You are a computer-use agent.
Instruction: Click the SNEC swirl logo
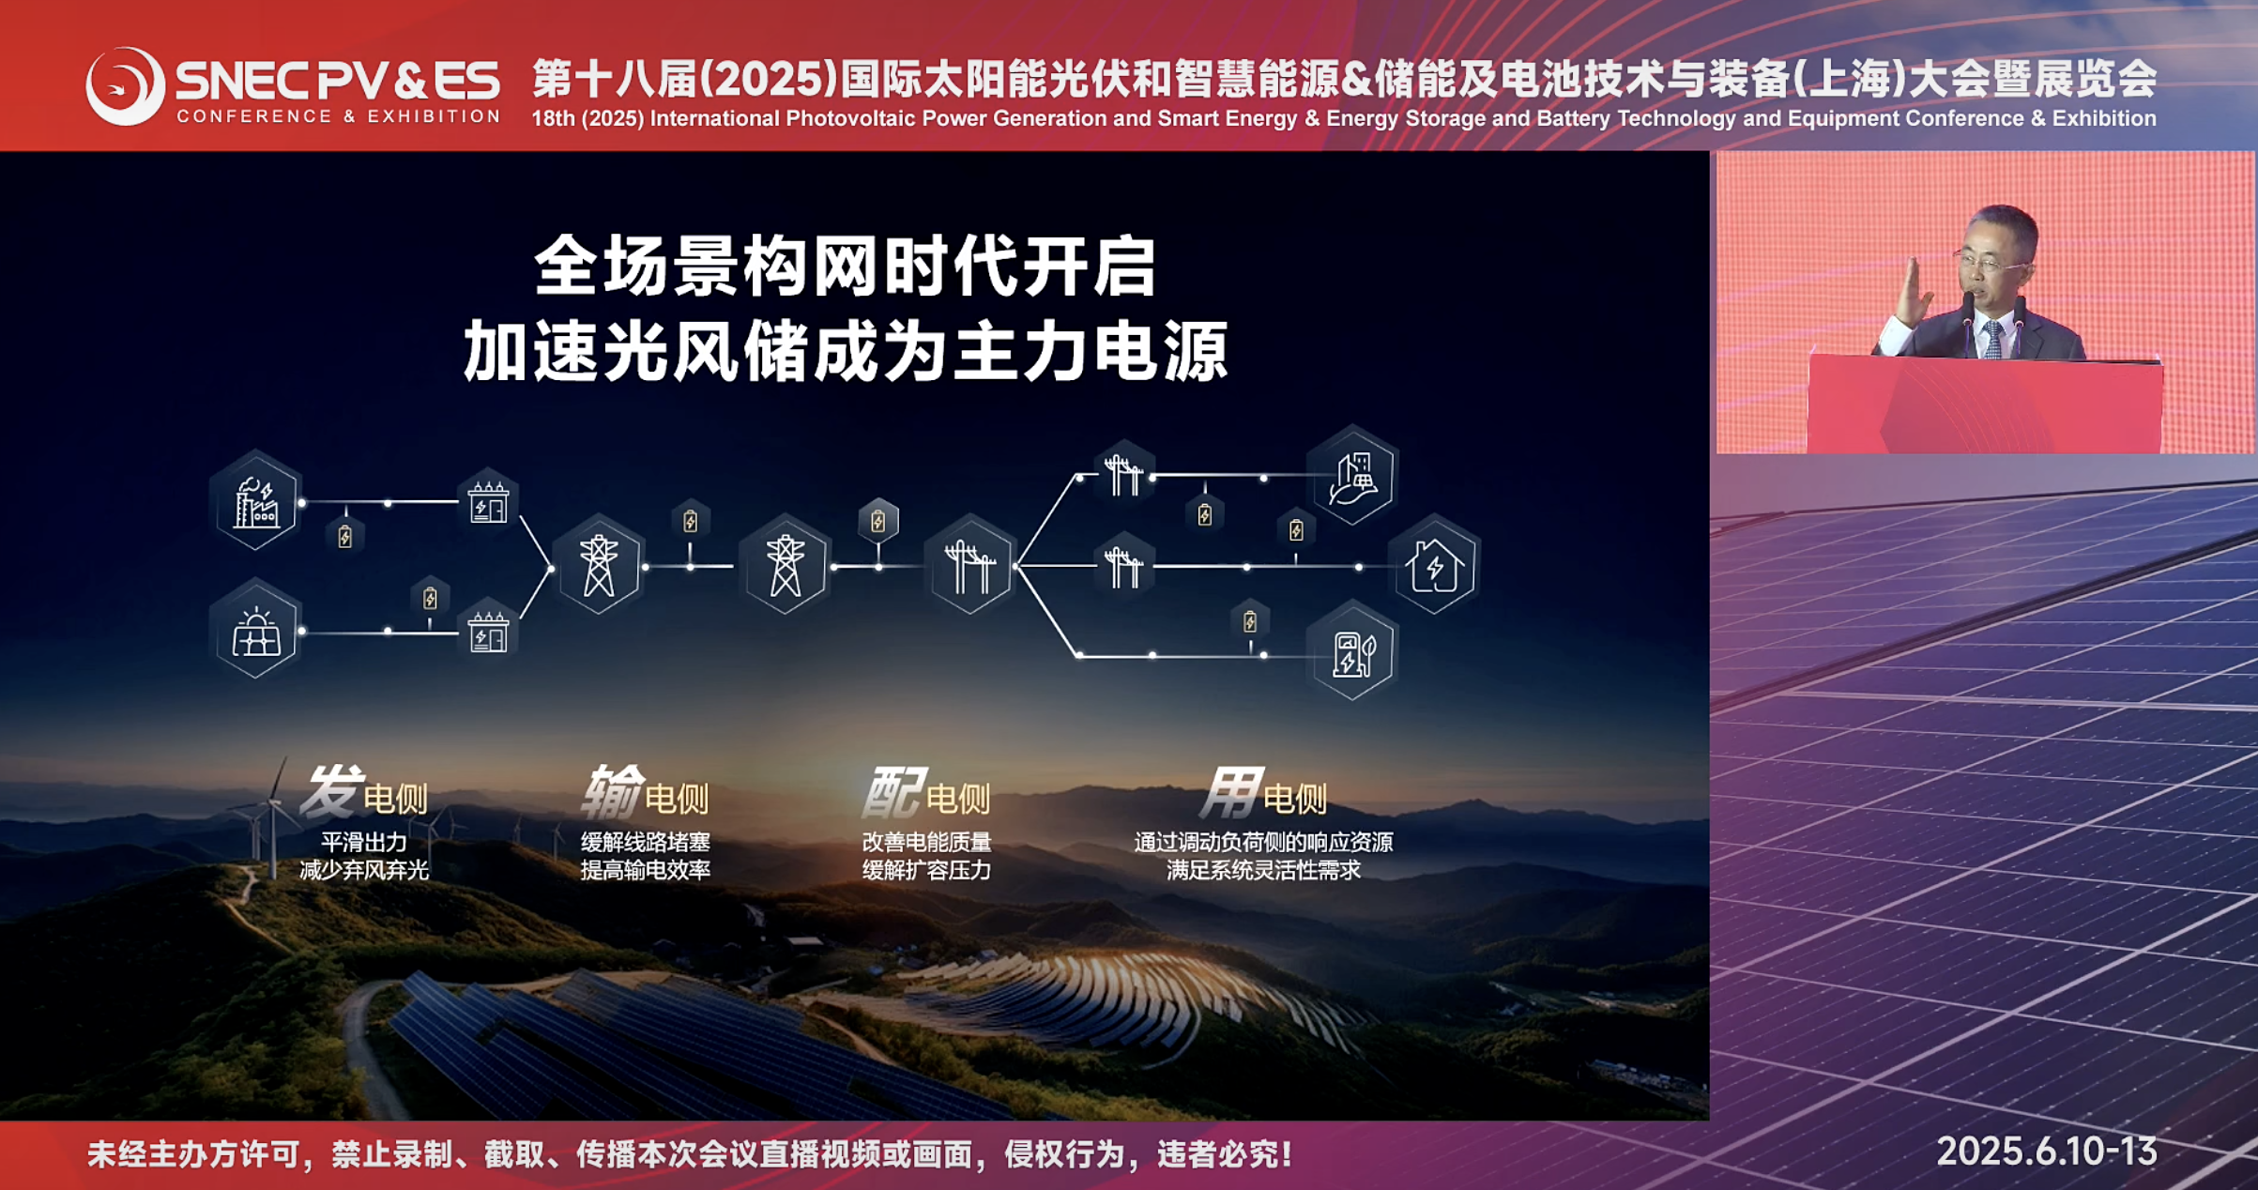click(125, 86)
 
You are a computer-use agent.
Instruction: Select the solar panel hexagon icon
click(256, 631)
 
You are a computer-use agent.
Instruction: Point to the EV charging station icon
click(1353, 652)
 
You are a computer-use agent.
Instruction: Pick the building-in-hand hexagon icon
click(1353, 477)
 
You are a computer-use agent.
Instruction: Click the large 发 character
click(331, 791)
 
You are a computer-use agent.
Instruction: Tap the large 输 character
click(613, 791)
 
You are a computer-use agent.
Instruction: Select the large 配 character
click(893, 791)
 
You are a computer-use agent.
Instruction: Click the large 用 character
click(1231, 791)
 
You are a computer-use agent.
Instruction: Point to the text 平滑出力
click(364, 842)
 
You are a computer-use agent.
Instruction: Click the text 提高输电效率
click(646, 870)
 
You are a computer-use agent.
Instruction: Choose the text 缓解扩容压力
click(926, 870)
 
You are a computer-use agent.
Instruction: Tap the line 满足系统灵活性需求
click(1263, 870)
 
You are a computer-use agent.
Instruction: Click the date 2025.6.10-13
click(2047, 1152)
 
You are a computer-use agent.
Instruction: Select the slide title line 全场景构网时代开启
click(846, 267)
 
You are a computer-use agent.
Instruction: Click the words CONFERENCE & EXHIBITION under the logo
click(339, 116)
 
